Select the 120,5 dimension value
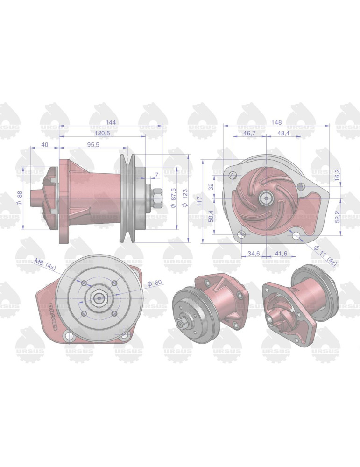pos(102,134)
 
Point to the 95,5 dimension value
pos(93,145)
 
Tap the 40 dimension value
pos(45,145)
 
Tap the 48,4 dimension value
pos(283,134)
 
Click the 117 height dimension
pos(199,201)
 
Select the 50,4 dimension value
pos(211,216)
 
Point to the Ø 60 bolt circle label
pos(154,283)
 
